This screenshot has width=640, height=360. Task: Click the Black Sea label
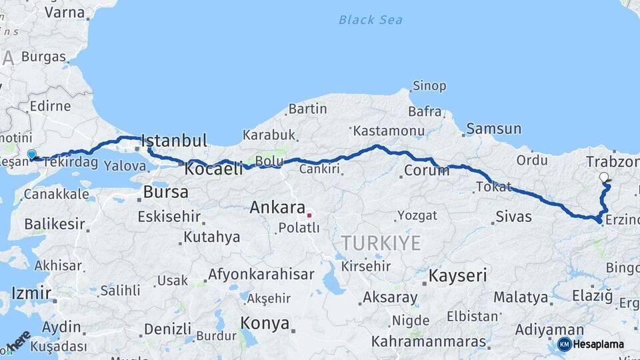pyautogui.click(x=370, y=20)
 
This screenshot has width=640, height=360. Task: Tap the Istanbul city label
pyautogui.click(x=174, y=141)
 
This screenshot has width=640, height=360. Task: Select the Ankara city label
pyautogui.click(x=277, y=207)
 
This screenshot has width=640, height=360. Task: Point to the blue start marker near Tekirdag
pyautogui.click(x=31, y=155)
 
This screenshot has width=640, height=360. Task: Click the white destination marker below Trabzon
pyautogui.click(x=604, y=177)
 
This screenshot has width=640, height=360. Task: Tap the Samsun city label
pyautogui.click(x=493, y=129)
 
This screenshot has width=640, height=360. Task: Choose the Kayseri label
pyautogui.click(x=457, y=275)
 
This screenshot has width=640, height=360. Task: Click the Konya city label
pyautogui.click(x=265, y=324)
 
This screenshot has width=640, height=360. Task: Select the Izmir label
pyautogui.click(x=31, y=293)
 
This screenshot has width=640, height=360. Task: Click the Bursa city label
pyautogui.click(x=165, y=193)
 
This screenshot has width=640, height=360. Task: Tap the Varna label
pyautogui.click(x=64, y=12)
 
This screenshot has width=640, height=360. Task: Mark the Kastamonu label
pyautogui.click(x=389, y=130)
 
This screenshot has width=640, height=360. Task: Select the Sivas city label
pyautogui.click(x=513, y=217)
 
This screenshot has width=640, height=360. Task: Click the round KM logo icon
pyautogui.click(x=564, y=344)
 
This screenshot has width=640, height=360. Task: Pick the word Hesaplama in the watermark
pyautogui.click(x=599, y=345)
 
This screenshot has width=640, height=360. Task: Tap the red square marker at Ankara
pyautogui.click(x=309, y=215)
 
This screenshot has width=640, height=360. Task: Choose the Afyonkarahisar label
pyautogui.click(x=261, y=274)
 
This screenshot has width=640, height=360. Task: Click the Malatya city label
pyautogui.click(x=521, y=297)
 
